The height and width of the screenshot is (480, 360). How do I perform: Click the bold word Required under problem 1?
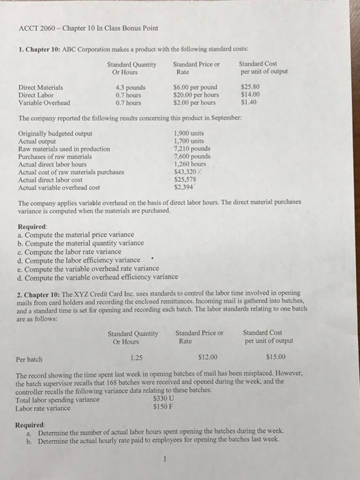tap(34, 228)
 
